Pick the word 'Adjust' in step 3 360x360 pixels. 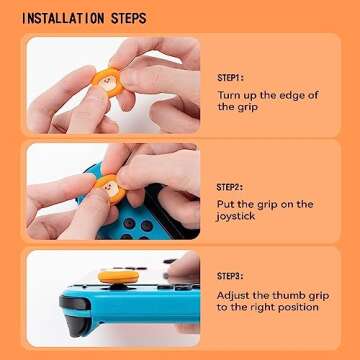pos(236,304)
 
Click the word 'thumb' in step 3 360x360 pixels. pos(300,304)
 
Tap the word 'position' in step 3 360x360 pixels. pos(299,319)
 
